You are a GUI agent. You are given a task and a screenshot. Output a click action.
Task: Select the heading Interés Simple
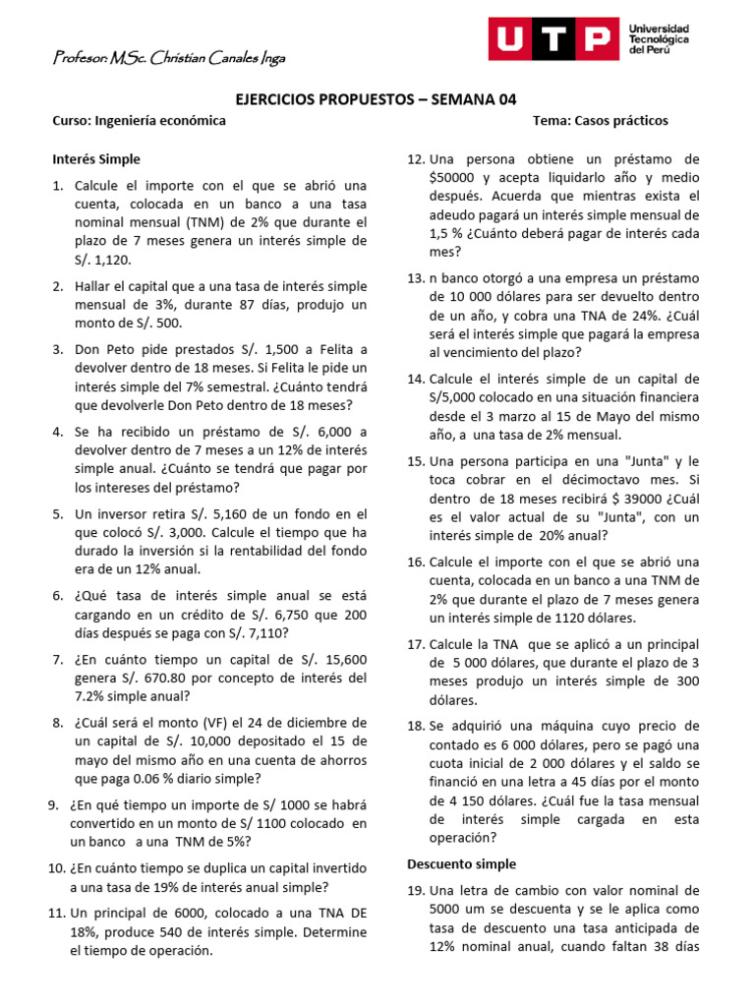tap(96, 158)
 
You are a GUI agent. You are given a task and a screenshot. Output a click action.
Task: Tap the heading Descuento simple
tap(461, 863)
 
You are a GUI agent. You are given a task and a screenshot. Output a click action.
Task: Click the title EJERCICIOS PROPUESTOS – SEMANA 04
tap(377, 99)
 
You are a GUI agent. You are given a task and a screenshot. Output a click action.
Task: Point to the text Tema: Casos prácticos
tap(600, 120)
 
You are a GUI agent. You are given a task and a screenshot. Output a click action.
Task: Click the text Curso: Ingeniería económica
tap(139, 120)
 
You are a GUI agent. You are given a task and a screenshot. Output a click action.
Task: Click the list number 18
tap(415, 726)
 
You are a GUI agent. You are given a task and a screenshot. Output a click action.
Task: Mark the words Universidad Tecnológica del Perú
tap(659, 38)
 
